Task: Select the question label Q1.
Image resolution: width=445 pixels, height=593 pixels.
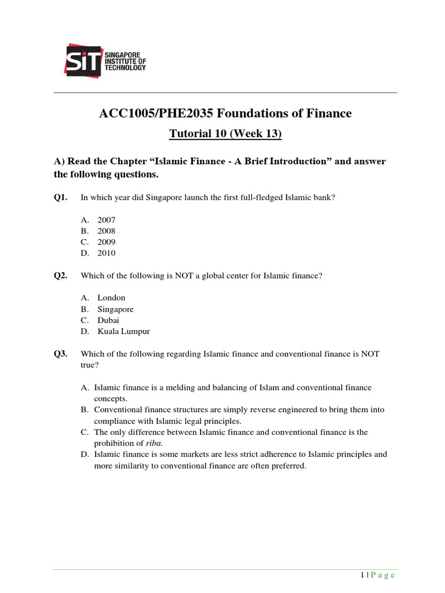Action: pyautogui.click(x=60, y=197)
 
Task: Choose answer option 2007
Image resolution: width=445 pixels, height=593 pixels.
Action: pyautogui.click(x=106, y=220)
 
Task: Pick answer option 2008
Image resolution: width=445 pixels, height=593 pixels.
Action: pyautogui.click(x=106, y=231)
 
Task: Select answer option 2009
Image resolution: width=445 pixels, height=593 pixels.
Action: pyautogui.click(x=106, y=242)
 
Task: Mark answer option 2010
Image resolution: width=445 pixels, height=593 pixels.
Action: pyautogui.click(x=106, y=253)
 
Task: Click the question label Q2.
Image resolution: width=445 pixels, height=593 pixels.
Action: pyautogui.click(x=60, y=276)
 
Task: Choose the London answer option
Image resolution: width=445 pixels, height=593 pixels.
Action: pyautogui.click(x=111, y=298)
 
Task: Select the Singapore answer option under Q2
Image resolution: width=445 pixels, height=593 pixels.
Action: pyautogui.click(x=115, y=309)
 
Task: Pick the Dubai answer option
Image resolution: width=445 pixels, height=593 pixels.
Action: pyautogui.click(x=108, y=320)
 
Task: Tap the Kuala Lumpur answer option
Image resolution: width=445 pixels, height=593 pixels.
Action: pyautogui.click(x=123, y=331)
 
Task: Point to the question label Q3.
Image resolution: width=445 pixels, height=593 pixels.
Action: pyautogui.click(x=60, y=354)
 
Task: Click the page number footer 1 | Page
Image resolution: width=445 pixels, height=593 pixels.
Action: pyautogui.click(x=377, y=575)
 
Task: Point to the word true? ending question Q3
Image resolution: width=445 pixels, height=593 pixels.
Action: pyautogui.click(x=90, y=365)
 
